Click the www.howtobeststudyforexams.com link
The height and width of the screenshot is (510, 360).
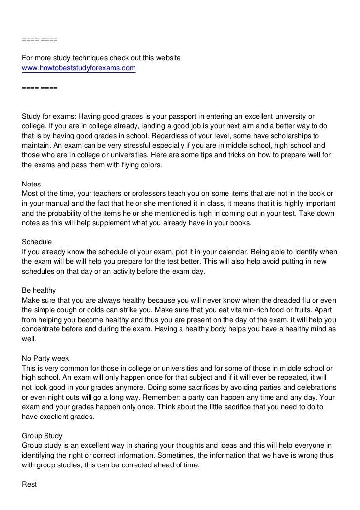(79, 68)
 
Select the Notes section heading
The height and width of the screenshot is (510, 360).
(32, 184)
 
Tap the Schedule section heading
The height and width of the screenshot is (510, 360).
(37, 242)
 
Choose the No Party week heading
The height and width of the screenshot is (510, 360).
(45, 358)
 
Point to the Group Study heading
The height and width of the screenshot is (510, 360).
(42, 436)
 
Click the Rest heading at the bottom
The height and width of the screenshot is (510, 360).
(30, 484)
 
